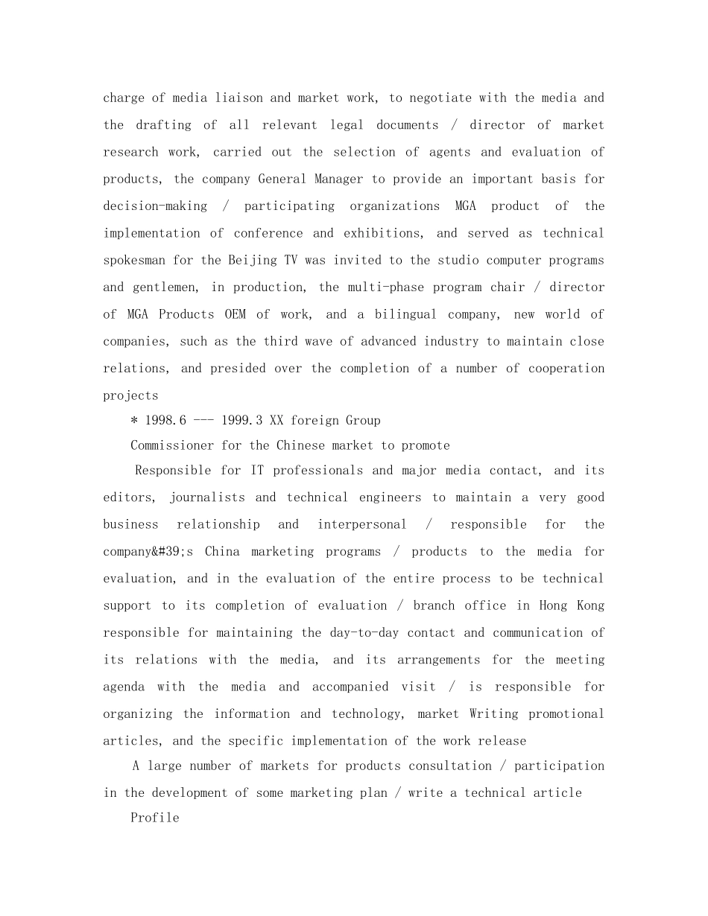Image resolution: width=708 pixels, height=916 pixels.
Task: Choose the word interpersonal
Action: [x=362, y=524]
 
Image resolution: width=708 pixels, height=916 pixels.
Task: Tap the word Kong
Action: [x=590, y=605]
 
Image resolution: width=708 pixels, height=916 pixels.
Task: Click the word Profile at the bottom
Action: [x=155, y=818]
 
